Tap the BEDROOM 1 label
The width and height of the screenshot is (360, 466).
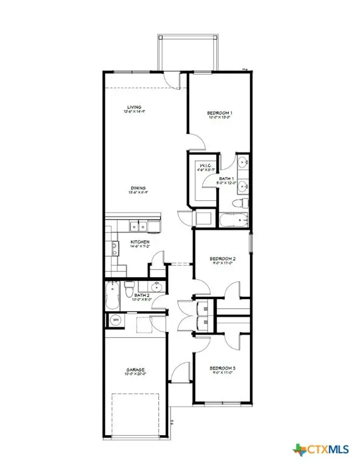click(220, 113)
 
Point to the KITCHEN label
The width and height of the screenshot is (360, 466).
click(140, 241)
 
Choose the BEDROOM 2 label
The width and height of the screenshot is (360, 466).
click(222, 258)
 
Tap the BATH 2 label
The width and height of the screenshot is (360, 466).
click(135, 295)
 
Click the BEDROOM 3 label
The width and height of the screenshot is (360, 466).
click(221, 368)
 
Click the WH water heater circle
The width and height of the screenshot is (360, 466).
click(115, 319)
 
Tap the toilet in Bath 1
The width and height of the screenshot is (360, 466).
click(242, 202)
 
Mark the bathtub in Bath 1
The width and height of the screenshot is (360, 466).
click(233, 220)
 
